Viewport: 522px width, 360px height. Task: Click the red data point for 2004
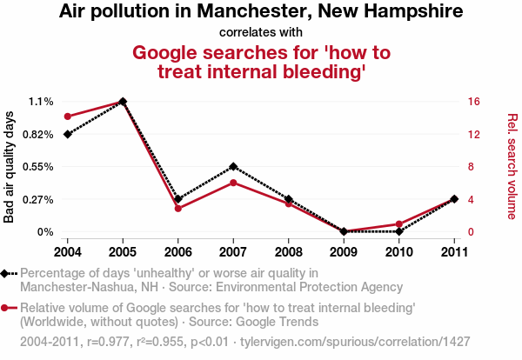(67, 117)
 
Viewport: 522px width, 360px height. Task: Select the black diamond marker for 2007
(233, 166)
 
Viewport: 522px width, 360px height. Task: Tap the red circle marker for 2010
(398, 224)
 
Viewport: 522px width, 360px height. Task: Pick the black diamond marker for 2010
(398, 231)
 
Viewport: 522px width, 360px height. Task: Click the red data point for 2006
(177, 208)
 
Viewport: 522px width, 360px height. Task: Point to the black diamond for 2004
(67, 134)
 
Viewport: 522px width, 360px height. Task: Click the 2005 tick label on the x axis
(123, 252)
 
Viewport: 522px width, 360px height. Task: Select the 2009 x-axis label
(343, 252)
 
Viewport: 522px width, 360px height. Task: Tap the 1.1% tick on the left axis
(40, 102)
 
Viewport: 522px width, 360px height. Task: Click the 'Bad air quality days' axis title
(10, 167)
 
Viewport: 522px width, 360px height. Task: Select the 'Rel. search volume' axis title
(512, 167)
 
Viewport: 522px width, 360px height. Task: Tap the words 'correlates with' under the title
(261, 33)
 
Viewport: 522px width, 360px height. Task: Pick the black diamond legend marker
(7, 273)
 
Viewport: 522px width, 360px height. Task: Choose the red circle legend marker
(7, 307)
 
